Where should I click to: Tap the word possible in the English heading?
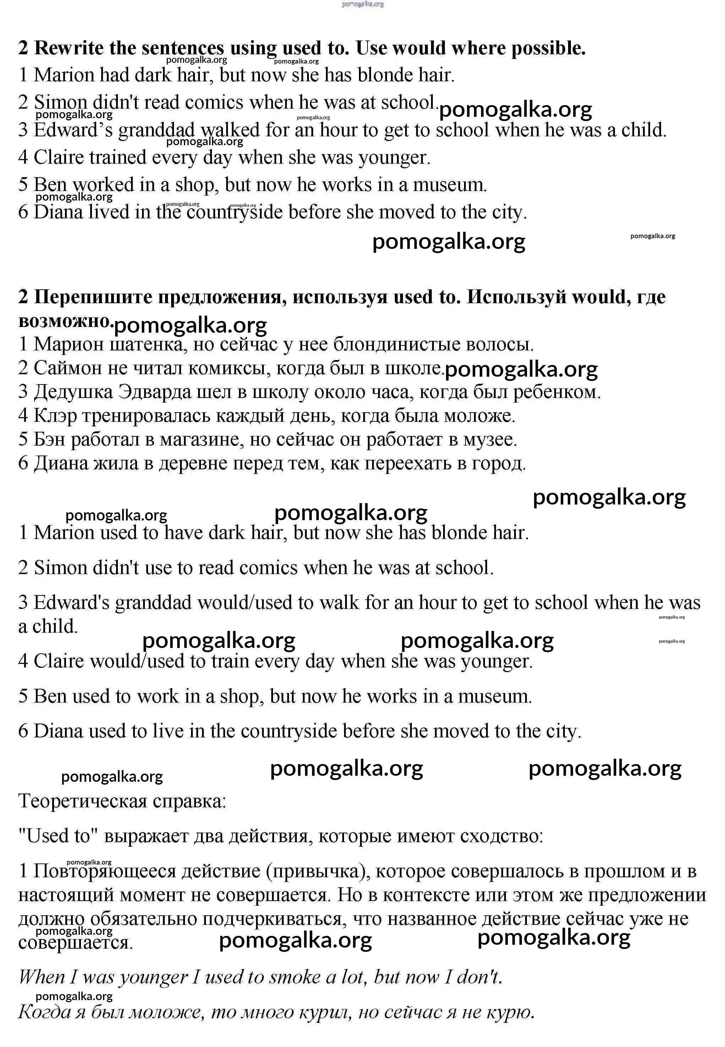click(x=547, y=48)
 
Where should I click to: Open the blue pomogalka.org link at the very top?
click(x=362, y=4)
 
